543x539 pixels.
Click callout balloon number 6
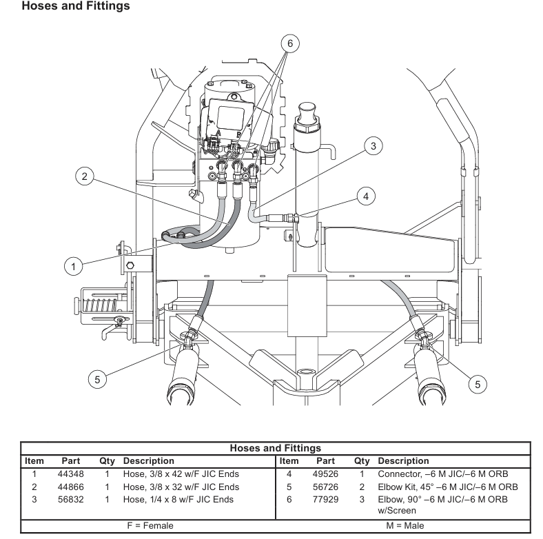click(290, 43)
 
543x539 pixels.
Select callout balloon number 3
click(373, 146)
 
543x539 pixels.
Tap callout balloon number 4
click(366, 196)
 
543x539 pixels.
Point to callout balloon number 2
click(85, 176)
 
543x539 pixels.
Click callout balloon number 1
click(74, 266)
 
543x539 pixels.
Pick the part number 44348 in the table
click(71, 474)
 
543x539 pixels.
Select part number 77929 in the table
click(325, 500)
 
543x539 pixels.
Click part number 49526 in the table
click(325, 474)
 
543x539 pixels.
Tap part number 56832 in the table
click(71, 500)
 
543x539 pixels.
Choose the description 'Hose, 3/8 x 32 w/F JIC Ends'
click(181, 487)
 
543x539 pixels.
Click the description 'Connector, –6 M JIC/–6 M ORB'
click(443, 474)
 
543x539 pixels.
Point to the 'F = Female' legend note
click(150, 525)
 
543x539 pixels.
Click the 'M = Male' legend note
click(405, 525)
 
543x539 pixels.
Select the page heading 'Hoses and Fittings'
click(76, 6)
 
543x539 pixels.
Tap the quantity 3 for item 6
click(362, 500)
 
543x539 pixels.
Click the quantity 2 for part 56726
click(362, 487)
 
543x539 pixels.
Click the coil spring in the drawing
click(101, 305)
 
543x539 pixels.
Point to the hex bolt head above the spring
click(130, 265)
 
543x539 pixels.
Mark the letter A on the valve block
click(218, 132)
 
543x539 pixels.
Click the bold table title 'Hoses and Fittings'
click(276, 448)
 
